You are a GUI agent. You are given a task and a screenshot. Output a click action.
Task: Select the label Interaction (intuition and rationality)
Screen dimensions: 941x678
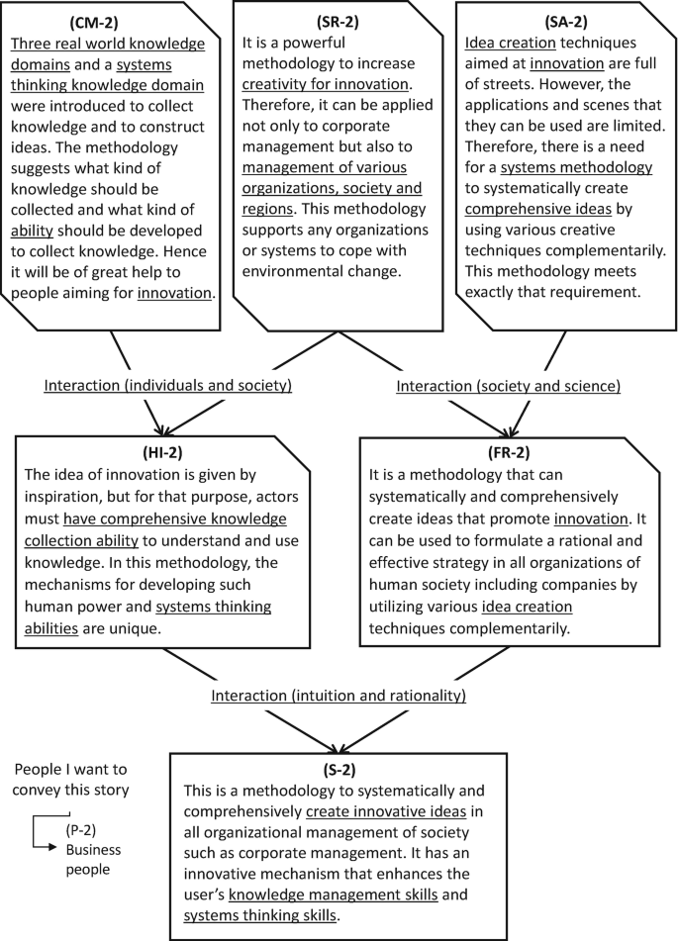[x=339, y=696]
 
